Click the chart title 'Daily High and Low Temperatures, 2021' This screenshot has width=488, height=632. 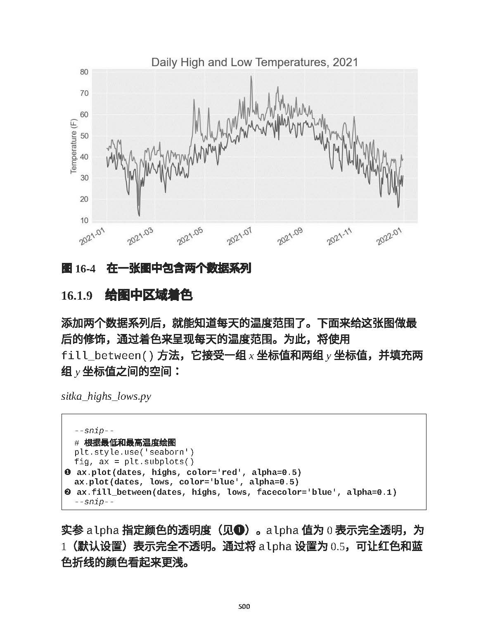point(254,62)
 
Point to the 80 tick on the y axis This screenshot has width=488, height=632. point(84,72)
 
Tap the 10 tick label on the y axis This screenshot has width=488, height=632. point(84,220)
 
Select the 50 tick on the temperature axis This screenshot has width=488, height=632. point(84,136)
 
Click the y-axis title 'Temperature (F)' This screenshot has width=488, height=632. point(73,146)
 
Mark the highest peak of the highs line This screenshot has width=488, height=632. point(251,76)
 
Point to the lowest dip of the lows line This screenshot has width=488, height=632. point(139,215)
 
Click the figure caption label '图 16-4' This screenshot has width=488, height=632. point(78,269)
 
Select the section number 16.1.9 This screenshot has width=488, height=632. point(76,296)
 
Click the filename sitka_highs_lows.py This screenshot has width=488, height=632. point(106,396)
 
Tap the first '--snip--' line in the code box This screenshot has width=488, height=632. point(94,431)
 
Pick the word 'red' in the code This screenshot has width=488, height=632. point(229,472)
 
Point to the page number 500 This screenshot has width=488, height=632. point(244,607)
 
